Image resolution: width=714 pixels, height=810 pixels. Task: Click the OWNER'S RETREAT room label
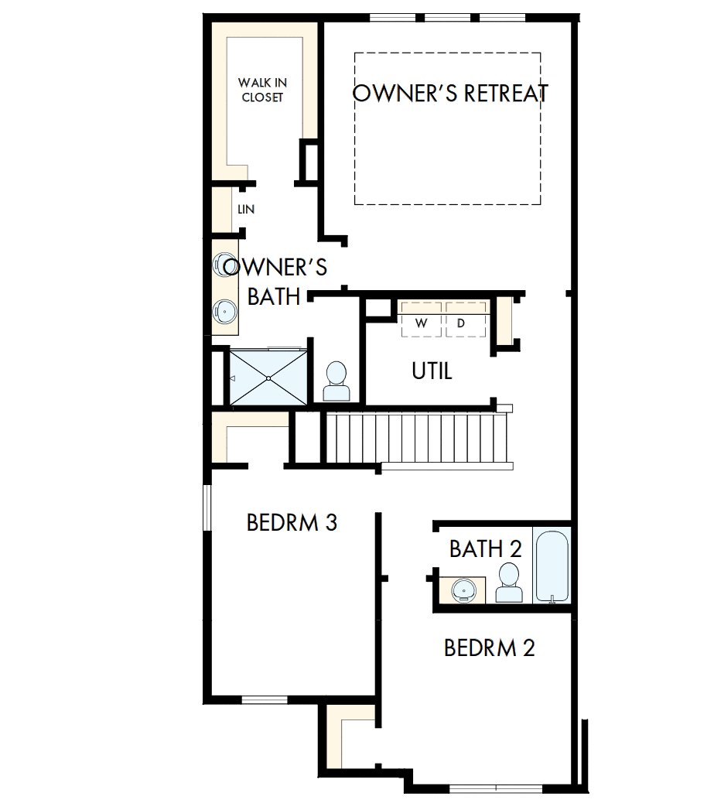click(450, 93)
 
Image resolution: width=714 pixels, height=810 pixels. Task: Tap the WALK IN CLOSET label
click(261, 90)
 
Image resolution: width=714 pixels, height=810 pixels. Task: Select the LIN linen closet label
click(246, 210)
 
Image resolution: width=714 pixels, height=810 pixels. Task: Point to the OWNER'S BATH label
click(275, 282)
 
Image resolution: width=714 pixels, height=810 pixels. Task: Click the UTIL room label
click(432, 371)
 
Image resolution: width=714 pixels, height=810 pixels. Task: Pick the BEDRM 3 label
click(292, 523)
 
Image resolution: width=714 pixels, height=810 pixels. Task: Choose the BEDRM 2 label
click(489, 648)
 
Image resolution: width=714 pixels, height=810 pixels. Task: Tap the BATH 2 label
click(485, 549)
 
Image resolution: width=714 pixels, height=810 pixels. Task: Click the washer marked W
click(422, 323)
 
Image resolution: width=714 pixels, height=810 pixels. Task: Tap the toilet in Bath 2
click(508, 584)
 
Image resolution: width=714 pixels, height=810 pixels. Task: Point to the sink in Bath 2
click(464, 590)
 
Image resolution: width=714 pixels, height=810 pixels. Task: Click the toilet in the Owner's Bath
click(337, 381)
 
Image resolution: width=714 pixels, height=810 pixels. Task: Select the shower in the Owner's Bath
click(268, 377)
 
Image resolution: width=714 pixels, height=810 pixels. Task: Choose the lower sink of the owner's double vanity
click(224, 311)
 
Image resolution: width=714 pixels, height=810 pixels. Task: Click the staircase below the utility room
click(418, 439)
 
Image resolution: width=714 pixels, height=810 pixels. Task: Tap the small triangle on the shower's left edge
click(232, 378)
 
